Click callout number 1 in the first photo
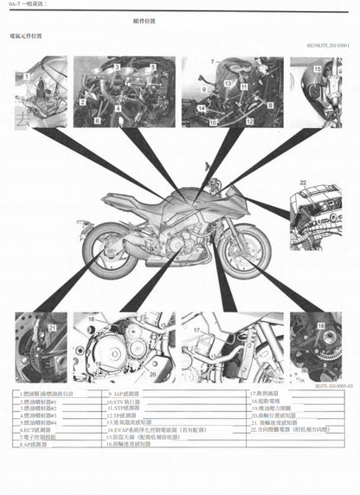pos(27,76)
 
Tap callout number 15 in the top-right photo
pos(316,67)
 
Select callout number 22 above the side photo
pos(303,182)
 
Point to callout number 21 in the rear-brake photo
pos(51,329)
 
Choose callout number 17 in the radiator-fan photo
pos(196,330)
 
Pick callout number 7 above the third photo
pos(212,61)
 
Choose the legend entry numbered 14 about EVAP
pos(164,429)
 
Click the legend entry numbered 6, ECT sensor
pos(40,429)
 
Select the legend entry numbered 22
pos(292,429)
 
